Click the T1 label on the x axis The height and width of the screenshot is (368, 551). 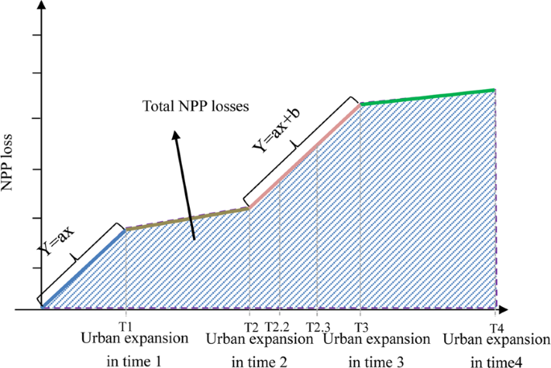click(x=125, y=328)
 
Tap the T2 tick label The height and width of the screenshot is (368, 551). click(x=250, y=328)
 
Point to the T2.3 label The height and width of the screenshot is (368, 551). click(x=318, y=328)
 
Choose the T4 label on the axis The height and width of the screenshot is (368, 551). click(x=496, y=328)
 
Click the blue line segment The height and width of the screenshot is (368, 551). click(x=84, y=268)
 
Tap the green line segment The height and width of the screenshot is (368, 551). click(x=426, y=96)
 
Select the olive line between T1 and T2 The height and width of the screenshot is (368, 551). click(x=187, y=219)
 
